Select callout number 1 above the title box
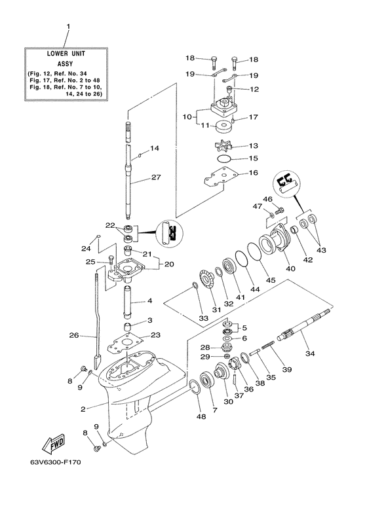pos(67,27)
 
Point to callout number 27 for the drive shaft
pos(155,177)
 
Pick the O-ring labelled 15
pos(224,159)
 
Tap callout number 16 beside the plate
pos(253,173)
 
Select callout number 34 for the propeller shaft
pos(310,353)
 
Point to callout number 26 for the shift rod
pos(74,336)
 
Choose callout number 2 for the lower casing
pos(83,410)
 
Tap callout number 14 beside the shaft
pos(155,149)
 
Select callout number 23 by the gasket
pos(155,335)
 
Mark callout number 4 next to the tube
pos(150,301)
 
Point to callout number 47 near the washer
pos(258,206)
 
